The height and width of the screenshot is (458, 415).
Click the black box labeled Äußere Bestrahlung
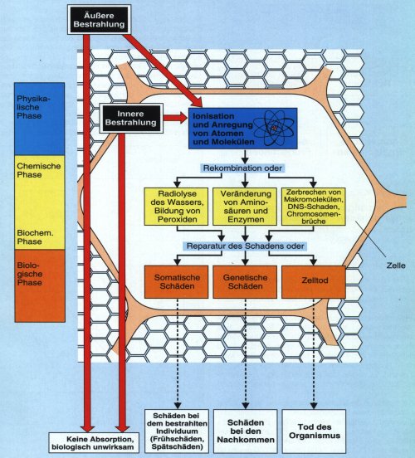click(99, 20)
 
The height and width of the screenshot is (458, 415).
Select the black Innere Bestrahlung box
click(130, 118)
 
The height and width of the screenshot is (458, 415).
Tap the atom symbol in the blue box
click(274, 129)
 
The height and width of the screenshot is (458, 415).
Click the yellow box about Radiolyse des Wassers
click(176, 207)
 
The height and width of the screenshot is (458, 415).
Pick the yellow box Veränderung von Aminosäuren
click(245, 207)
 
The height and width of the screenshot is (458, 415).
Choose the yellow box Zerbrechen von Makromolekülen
click(313, 207)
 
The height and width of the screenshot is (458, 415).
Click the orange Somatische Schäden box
click(177, 282)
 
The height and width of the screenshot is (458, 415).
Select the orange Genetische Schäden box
click(245, 282)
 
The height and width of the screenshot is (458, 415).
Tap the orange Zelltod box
click(314, 282)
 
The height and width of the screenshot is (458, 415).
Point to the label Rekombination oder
click(242, 168)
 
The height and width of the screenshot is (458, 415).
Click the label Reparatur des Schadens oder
click(245, 246)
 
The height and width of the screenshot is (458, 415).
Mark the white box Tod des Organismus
click(314, 431)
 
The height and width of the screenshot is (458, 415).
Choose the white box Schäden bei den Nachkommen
click(246, 431)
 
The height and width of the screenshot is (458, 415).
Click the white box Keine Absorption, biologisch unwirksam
click(94, 443)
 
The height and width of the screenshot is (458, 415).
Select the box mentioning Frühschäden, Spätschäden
click(177, 431)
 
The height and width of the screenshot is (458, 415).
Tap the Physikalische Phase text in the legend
click(33, 107)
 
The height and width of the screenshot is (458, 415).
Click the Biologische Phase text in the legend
click(30, 274)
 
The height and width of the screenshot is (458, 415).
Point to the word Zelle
click(396, 266)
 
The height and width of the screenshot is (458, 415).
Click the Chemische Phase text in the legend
click(38, 170)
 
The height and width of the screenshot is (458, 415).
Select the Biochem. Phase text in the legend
click(35, 237)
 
